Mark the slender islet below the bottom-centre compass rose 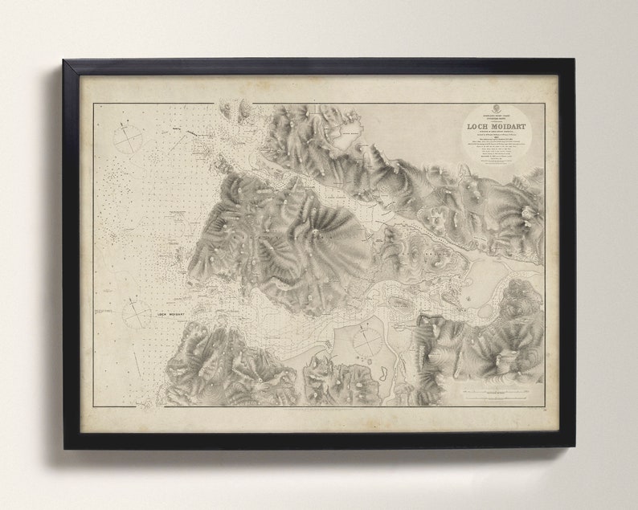pos(382,373)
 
